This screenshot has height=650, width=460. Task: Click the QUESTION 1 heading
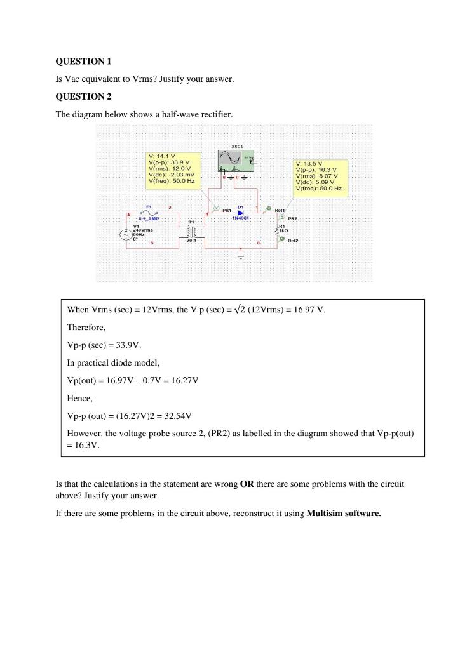(x=83, y=62)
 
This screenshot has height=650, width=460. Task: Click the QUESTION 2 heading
(x=83, y=96)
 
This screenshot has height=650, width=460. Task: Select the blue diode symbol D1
(x=241, y=212)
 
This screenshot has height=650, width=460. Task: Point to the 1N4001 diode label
(x=241, y=218)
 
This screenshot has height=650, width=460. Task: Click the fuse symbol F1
(x=148, y=213)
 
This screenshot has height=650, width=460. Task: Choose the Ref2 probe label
(x=293, y=241)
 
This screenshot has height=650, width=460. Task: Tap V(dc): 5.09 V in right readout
(x=316, y=182)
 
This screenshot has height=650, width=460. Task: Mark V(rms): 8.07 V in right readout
(x=318, y=176)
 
